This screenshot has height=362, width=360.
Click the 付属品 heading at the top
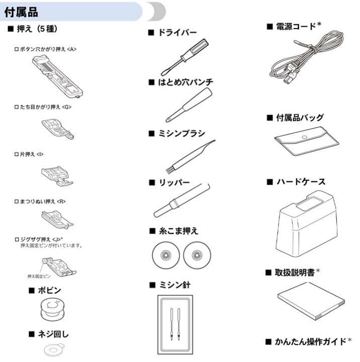coord(21,11)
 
